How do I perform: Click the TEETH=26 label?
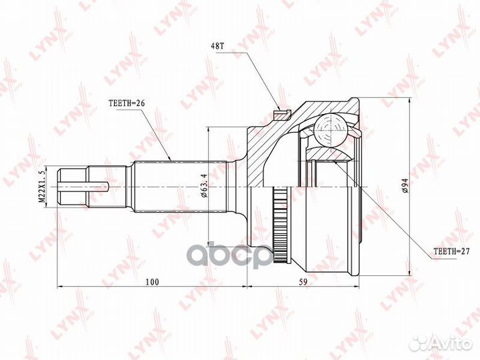pyautogui.click(x=126, y=104)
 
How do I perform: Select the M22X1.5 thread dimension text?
pyautogui.click(x=41, y=187)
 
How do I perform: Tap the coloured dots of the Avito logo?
pyautogui.click(x=419, y=343)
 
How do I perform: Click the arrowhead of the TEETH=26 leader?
pyautogui.click(x=171, y=159)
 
